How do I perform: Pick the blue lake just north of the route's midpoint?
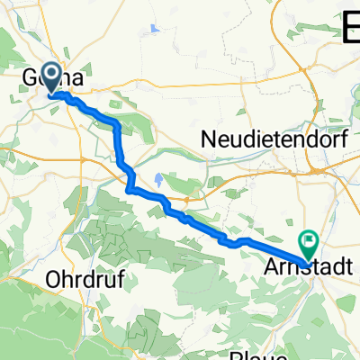(159, 179)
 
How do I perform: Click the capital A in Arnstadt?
(275, 267)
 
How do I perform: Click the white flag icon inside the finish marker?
(310, 240)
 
